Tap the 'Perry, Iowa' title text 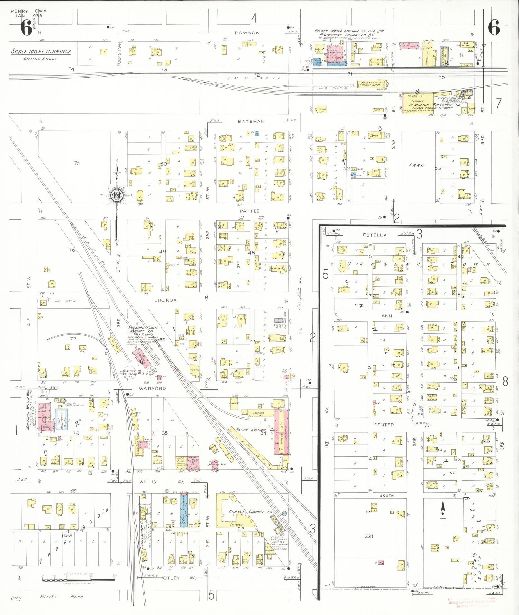click(29, 11)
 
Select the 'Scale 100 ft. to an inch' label click(41, 51)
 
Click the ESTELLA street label click(375, 235)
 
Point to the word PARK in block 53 click(416, 165)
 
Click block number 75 click(77, 163)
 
